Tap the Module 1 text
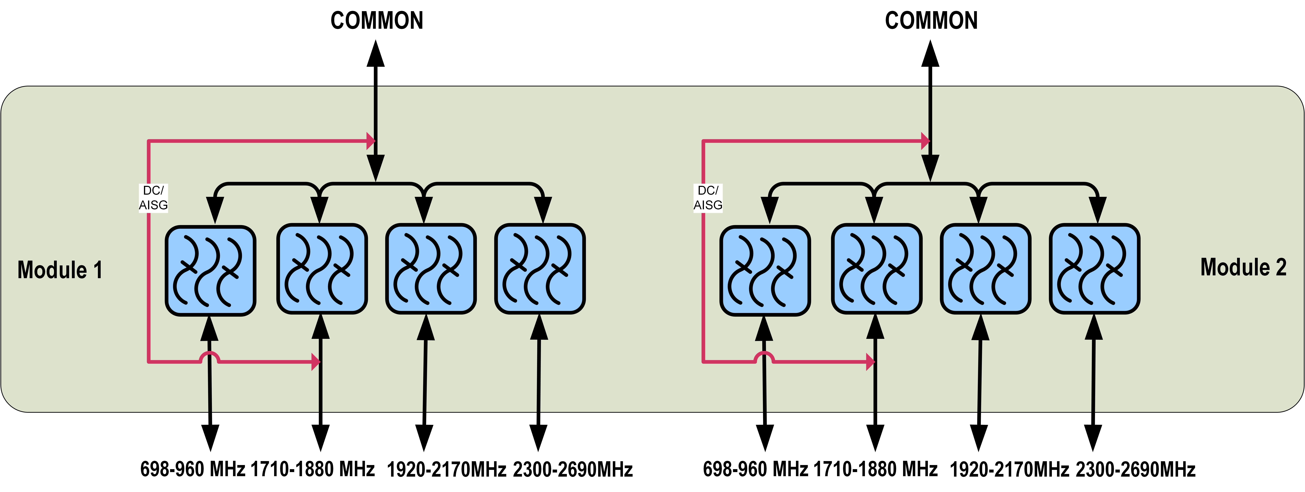(x=60, y=270)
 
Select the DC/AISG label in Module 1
(x=153, y=197)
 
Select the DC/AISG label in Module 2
(x=708, y=197)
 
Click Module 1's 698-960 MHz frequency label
(x=193, y=469)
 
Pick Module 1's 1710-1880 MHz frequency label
(x=313, y=469)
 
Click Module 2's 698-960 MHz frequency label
(x=755, y=469)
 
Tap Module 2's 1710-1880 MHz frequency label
(x=875, y=469)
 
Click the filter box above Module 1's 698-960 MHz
(x=210, y=271)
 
